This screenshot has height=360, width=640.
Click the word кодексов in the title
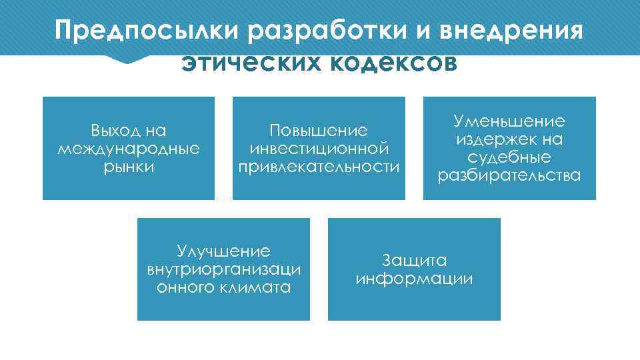click(x=393, y=63)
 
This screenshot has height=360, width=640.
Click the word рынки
click(x=129, y=165)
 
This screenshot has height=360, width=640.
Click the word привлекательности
click(x=319, y=165)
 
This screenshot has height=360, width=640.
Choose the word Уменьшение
click(x=509, y=121)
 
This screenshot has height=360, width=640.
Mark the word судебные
click(x=509, y=157)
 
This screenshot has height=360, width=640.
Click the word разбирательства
click(x=509, y=175)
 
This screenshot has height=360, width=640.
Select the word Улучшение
click(x=223, y=251)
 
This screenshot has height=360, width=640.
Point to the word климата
click(x=257, y=287)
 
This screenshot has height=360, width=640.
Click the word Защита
click(x=414, y=261)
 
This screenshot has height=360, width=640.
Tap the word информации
click(x=414, y=279)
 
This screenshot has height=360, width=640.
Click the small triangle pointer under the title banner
click(x=126, y=59)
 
